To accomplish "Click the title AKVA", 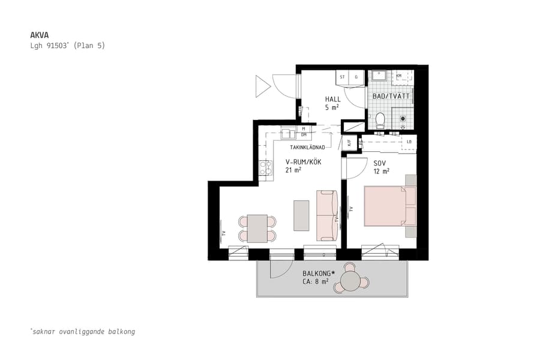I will point(38,35).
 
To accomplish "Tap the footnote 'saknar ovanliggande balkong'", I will point(82,331).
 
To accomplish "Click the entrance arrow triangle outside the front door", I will point(262,86).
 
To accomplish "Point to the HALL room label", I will point(332,100).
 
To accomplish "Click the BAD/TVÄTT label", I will point(391,96).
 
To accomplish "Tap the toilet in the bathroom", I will point(379,121).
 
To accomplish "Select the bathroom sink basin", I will point(379,76).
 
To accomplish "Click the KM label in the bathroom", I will point(399,76).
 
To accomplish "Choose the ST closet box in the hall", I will point(343,77).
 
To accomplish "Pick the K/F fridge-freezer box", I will point(348,143).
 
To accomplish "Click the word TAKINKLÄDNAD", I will point(307,147).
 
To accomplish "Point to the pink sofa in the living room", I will point(326,215).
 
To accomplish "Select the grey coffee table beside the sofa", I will point(301,215).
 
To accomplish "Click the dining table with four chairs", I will point(257,228).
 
